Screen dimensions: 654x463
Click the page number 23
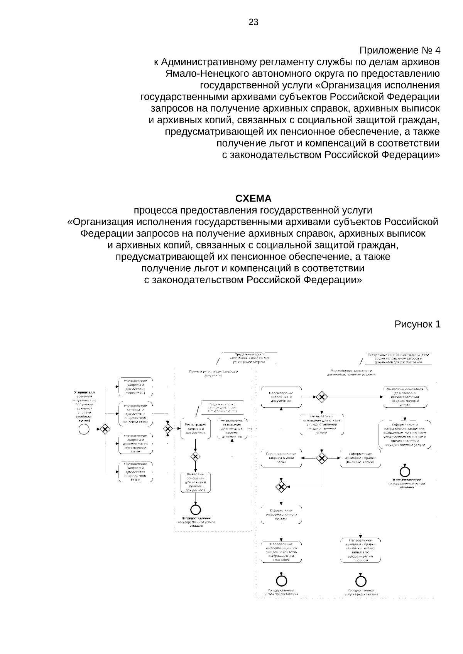coord(253,22)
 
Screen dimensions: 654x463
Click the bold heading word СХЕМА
coord(253,199)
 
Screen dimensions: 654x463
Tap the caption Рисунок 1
coord(417,324)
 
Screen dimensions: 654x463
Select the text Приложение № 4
coord(400,50)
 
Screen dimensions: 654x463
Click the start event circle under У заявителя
coord(84,429)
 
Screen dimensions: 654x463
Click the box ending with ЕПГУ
coord(135,472)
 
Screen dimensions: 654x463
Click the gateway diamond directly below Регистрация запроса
coord(196,457)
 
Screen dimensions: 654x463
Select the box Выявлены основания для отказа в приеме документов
coord(196,482)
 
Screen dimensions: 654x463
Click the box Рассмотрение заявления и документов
coord(281,397)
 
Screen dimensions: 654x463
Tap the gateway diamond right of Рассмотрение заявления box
coord(322,397)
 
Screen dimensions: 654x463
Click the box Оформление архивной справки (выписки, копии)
coord(360,458)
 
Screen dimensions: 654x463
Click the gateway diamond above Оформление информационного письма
coord(281,487)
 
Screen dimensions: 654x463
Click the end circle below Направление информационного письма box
coord(281,580)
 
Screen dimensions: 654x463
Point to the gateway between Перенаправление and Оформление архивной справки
coord(322,458)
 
